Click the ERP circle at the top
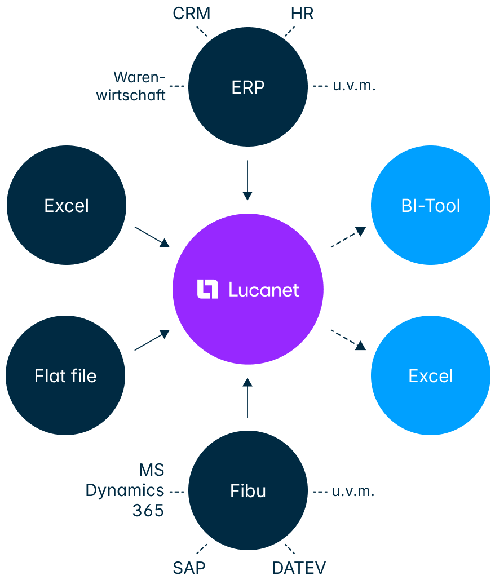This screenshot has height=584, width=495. (248, 87)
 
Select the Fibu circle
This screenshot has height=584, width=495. (248, 490)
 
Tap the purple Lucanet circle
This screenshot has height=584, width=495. (248, 289)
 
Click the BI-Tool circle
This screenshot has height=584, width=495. (430, 205)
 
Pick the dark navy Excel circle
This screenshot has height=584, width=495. (67, 205)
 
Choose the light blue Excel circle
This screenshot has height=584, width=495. (430, 375)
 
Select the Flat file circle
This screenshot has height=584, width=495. (65, 375)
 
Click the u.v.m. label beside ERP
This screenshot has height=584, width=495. (353, 86)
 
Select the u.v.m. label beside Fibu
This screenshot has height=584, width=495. (353, 491)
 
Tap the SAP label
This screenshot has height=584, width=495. (189, 568)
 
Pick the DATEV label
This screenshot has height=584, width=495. (299, 568)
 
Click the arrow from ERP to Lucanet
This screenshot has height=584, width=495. (247, 180)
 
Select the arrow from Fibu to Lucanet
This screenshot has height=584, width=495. (247, 398)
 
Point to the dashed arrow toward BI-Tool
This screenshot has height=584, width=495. (347, 237)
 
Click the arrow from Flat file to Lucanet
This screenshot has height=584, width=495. (152, 340)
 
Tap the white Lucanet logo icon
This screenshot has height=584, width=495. (207, 289)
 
